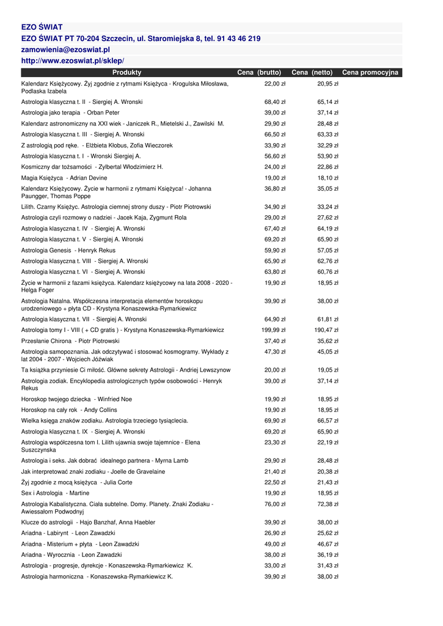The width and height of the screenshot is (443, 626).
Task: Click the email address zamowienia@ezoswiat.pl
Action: click(65, 50)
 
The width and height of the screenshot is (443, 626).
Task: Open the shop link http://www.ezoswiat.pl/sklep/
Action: click(73, 61)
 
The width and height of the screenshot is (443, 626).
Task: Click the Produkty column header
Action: click(126, 73)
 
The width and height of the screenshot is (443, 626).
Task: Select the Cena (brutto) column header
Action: click(259, 73)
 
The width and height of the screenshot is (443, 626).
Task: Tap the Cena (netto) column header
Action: click(312, 73)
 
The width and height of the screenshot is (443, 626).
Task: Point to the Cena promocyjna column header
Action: click(370, 73)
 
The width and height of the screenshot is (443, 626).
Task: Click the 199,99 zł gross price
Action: click(274, 330)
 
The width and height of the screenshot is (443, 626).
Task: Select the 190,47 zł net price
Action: click(326, 330)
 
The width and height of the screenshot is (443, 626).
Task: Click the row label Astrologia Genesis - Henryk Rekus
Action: click(68, 250)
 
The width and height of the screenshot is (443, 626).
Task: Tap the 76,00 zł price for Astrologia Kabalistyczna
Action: click(275, 504)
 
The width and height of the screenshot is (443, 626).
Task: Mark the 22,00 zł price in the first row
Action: click(275, 83)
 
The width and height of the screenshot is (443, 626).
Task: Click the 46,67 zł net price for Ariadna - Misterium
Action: click(328, 544)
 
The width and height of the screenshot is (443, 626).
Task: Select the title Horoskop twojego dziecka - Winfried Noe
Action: click(76, 399)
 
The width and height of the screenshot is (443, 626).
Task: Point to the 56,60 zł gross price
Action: click(275, 156)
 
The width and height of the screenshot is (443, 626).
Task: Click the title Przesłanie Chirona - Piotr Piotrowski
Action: click(70, 341)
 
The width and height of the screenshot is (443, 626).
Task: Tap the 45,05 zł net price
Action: click(328, 352)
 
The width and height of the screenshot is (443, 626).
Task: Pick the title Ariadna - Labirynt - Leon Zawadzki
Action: click(68, 533)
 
